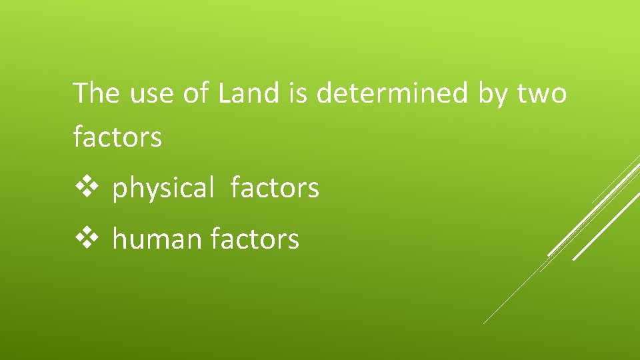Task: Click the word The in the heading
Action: tap(97, 93)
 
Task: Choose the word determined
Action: tap(393, 93)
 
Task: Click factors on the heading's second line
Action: tap(117, 137)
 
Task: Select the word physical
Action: tap(163, 189)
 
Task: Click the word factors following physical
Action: tap(275, 188)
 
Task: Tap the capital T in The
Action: tap(81, 93)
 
